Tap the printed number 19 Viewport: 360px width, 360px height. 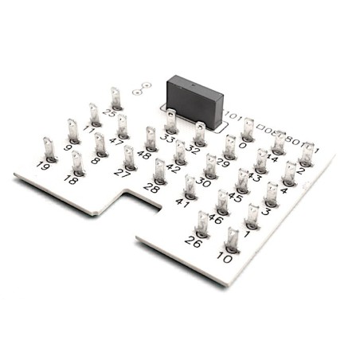[43, 166]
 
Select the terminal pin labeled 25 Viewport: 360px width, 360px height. [115, 98]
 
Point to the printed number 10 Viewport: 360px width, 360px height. [225, 258]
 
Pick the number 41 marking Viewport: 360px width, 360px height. [183, 203]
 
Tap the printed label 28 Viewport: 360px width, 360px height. [151, 188]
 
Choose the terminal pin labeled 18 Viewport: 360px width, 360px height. [77, 162]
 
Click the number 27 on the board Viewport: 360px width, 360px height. [122, 172]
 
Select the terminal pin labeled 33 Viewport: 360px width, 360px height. [171, 121]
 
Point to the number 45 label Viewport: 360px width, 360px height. [235, 197]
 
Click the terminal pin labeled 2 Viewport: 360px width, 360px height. [307, 154]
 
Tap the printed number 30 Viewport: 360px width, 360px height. [203, 182]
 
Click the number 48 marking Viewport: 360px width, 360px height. [144, 155]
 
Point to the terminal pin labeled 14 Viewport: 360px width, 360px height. [278, 143]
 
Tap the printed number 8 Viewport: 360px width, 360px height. [96, 160]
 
